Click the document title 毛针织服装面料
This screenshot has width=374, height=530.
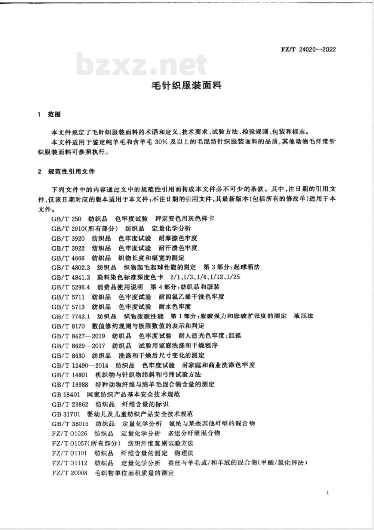point(186,86)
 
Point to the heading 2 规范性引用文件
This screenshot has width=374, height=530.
point(67,172)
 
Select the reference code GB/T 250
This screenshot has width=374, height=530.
point(66,218)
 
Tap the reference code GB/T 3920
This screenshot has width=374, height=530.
point(68,238)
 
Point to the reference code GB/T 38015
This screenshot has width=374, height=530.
point(70,423)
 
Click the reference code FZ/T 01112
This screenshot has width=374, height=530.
point(70,463)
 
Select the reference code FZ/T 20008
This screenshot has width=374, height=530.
point(70,473)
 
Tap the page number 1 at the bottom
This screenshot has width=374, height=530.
point(328,493)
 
